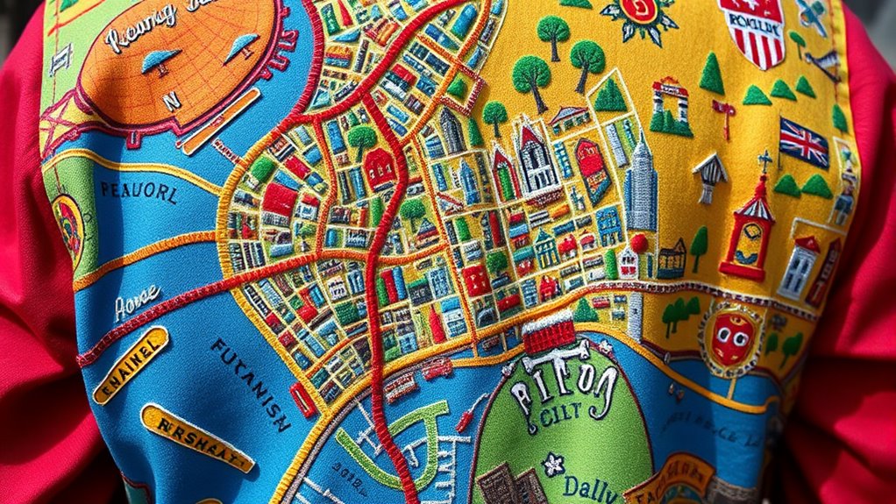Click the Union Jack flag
(x=804, y=144)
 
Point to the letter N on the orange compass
(x=172, y=101)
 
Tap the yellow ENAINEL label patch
(x=131, y=365)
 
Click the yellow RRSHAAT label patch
(x=196, y=437)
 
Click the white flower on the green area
(x=552, y=464)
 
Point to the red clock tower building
(x=748, y=230)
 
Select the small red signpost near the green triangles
(x=723, y=113)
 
